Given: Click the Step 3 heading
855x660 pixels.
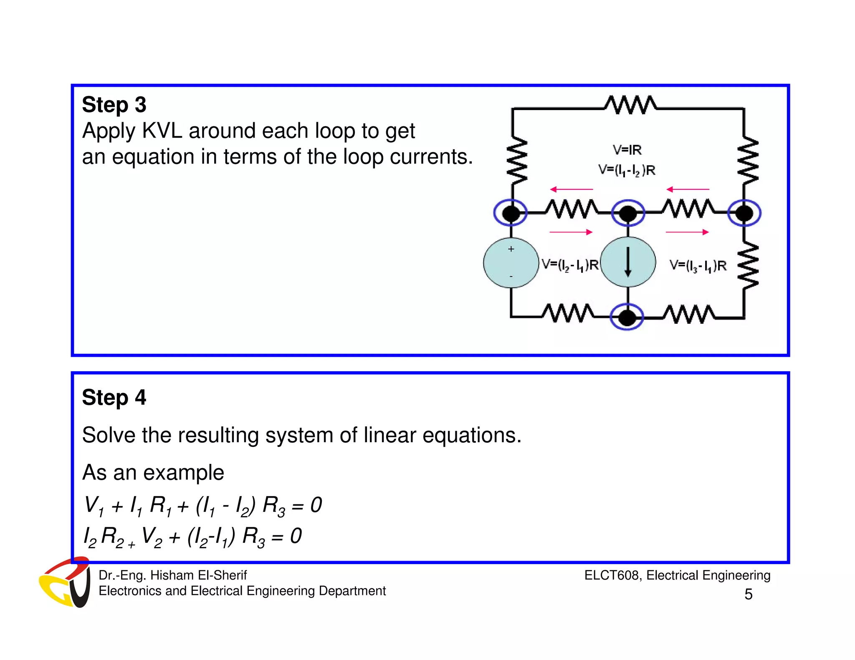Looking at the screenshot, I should pyautogui.click(x=114, y=105).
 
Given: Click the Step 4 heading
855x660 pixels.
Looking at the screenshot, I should pyautogui.click(x=114, y=397).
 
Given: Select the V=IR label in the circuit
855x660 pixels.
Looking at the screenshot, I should pyautogui.click(x=627, y=149).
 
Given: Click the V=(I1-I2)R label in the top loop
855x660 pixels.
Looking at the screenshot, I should pyautogui.click(x=627, y=170).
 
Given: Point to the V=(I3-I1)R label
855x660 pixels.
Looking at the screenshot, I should pyautogui.click(x=698, y=265).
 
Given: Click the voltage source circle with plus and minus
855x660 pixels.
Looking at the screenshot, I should pyautogui.click(x=511, y=263).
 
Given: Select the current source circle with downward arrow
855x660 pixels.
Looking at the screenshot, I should pyautogui.click(x=627, y=262).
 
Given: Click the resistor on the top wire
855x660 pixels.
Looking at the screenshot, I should pyautogui.click(x=630, y=104).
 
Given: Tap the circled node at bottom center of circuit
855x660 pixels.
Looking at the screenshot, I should pyautogui.click(x=627, y=317).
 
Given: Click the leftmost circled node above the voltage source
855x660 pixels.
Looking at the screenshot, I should pyautogui.click(x=511, y=213).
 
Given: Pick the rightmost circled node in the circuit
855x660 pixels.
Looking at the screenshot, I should pyautogui.click(x=744, y=213).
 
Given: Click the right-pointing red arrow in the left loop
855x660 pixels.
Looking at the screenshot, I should pyautogui.click(x=571, y=232).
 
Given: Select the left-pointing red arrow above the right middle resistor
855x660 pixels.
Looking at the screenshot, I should pyautogui.click(x=688, y=189).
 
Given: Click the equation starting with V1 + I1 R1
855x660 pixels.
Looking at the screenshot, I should pyautogui.click(x=203, y=506).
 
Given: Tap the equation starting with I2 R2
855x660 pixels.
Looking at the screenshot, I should pyautogui.click(x=192, y=537).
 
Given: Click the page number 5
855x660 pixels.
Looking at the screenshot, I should pyautogui.click(x=748, y=594).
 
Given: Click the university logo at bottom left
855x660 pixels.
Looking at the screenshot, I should pyautogui.click(x=65, y=582).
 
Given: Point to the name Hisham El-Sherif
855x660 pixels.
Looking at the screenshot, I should pyautogui.click(x=198, y=575).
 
